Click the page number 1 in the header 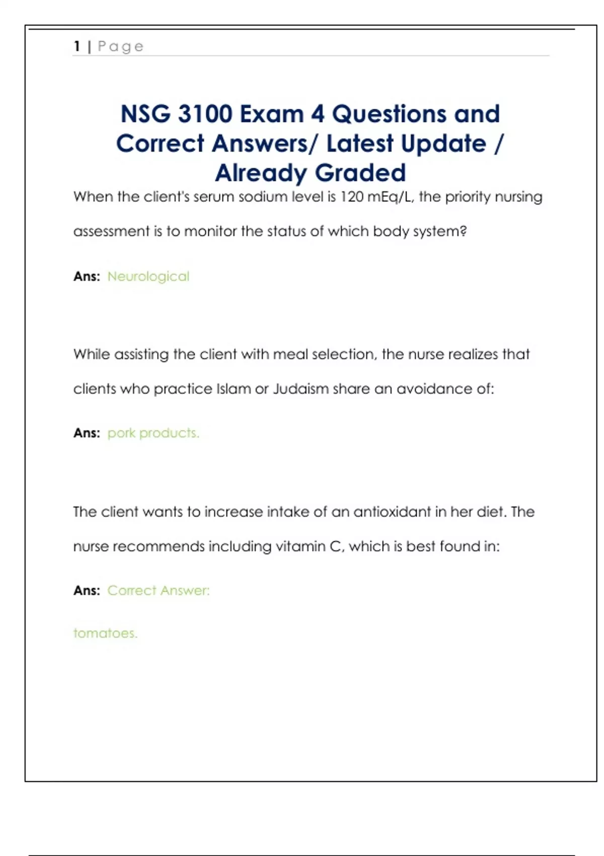77,46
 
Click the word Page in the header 121,46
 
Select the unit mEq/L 391,196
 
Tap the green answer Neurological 148,276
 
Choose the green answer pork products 154,433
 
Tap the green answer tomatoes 105,633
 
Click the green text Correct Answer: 159,590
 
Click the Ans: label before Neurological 87,276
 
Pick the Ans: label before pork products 87,433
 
